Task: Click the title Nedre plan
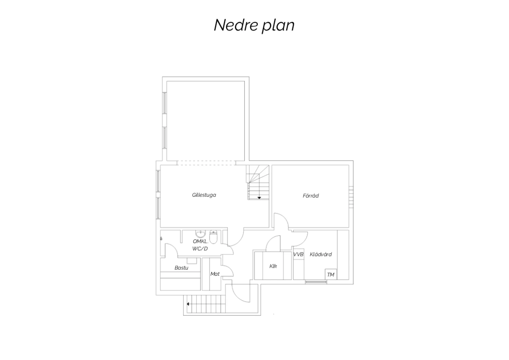pos(254,25)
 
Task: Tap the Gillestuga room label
pos(204,195)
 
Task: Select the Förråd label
pos(310,196)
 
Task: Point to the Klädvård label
pos(321,254)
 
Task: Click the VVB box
pos(298,254)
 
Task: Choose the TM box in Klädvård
pos(331,274)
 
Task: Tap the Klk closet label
pos(273,266)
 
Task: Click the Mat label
pos(215,274)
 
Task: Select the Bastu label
pos(181,268)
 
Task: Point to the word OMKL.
pos(201,241)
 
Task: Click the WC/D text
pos(200,249)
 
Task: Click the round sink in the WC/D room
pos(201,234)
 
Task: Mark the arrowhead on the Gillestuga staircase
pos(259,198)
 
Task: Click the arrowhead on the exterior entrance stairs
pos(188,304)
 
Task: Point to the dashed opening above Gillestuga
pos(206,163)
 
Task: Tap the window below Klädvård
pos(316,282)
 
